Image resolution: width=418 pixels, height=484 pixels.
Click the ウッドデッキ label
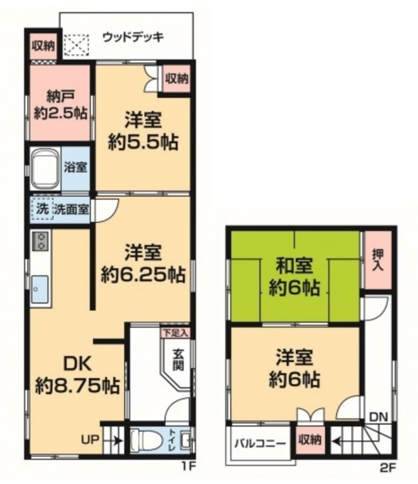pos(133,37)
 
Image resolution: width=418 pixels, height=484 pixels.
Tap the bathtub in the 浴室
pos(46,168)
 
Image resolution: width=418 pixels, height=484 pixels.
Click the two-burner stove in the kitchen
pos(40,241)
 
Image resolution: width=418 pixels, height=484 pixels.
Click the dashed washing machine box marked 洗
pos(43,209)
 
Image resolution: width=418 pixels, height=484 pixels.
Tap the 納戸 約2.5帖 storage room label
pos(60,105)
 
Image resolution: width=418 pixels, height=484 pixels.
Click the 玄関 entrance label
pos(178,359)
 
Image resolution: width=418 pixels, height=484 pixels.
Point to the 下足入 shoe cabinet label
pos(175,333)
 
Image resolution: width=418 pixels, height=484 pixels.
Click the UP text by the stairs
pos(90,439)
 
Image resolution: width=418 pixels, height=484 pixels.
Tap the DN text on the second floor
pos(379,418)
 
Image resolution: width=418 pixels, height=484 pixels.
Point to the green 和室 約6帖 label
pos(294,277)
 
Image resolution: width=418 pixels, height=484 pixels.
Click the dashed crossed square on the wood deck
pos(76,45)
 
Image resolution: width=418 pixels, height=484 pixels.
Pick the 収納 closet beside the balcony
pos(310,440)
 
